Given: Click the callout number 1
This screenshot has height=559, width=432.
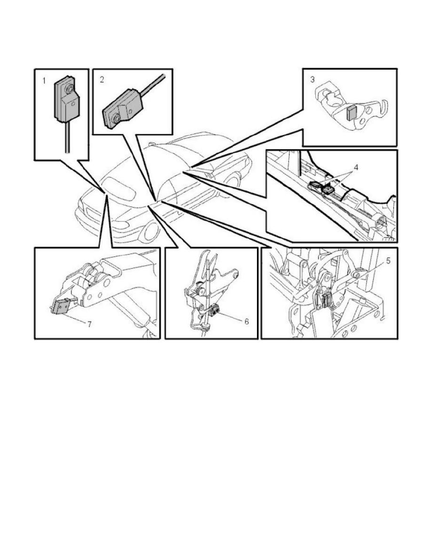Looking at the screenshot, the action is pyautogui.click(x=44, y=81).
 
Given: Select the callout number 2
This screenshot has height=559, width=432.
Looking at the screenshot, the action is pyautogui.click(x=102, y=80).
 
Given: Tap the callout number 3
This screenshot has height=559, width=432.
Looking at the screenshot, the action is pyautogui.click(x=312, y=80).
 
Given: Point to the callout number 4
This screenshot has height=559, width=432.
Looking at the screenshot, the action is pyautogui.click(x=356, y=167).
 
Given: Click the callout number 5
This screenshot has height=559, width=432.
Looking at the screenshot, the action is pyautogui.click(x=388, y=261).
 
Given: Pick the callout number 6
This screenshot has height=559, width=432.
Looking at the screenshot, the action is pyautogui.click(x=246, y=321).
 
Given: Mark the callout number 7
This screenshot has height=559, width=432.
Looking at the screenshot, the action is pyautogui.click(x=89, y=324).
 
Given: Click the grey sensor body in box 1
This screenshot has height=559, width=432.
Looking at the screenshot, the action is pyautogui.click(x=66, y=99).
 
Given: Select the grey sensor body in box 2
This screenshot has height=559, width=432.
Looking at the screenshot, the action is pyautogui.click(x=122, y=109).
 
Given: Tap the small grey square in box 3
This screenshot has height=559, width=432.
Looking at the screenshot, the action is pyautogui.click(x=351, y=113).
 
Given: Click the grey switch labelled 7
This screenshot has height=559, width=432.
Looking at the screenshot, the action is pyautogui.click(x=60, y=307).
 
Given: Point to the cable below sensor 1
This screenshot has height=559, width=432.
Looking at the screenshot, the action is pyautogui.click(x=67, y=137).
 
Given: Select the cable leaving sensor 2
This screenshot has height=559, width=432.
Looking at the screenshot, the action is pyautogui.click(x=153, y=86).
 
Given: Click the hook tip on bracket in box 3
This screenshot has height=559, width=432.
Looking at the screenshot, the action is pyautogui.click(x=386, y=102).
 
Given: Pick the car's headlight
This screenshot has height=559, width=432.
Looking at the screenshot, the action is pyautogui.click(x=120, y=225).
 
